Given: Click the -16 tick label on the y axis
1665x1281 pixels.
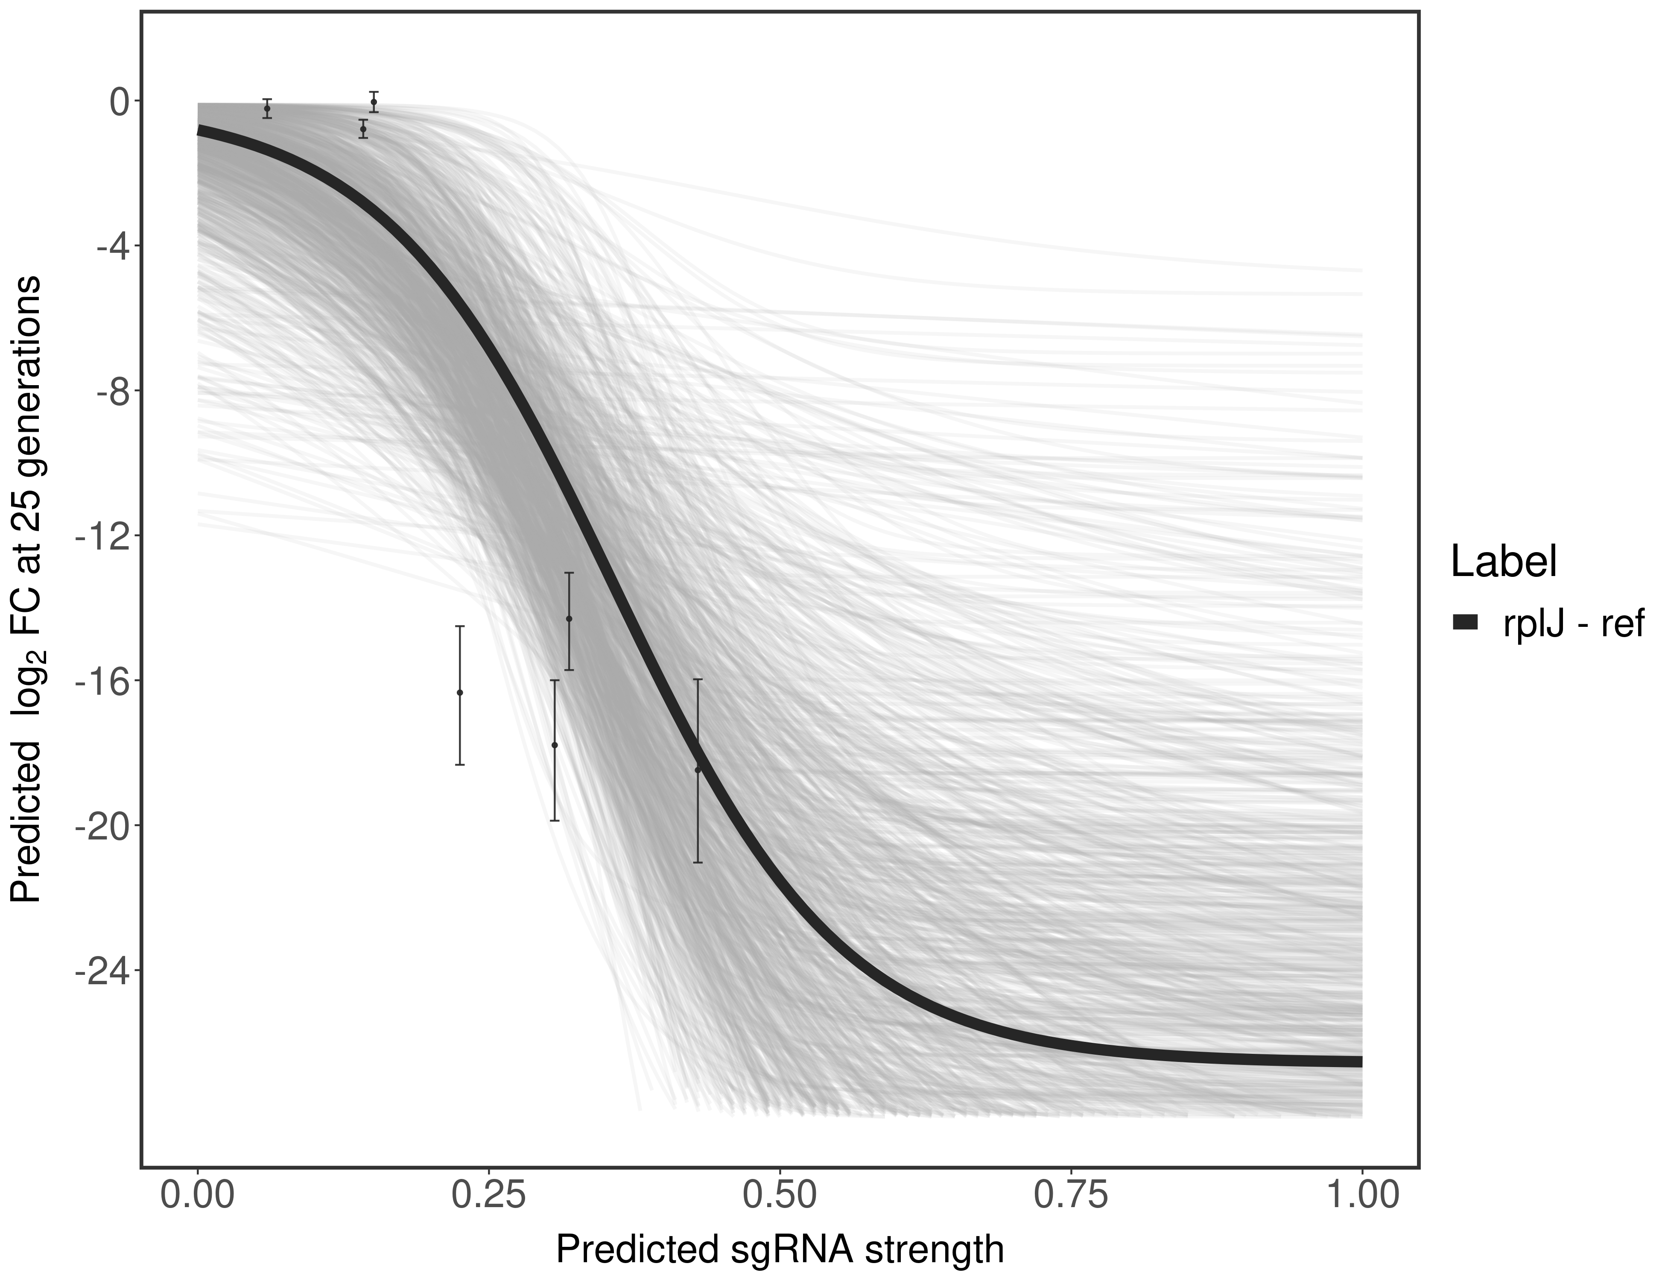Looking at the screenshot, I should (x=101, y=681).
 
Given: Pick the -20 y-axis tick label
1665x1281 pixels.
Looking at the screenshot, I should (x=101, y=826).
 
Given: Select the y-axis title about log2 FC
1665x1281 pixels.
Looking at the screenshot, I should (x=27, y=589).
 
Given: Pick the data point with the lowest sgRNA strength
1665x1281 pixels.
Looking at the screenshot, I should (x=267, y=109).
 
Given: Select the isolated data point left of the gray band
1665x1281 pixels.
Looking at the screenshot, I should (x=460, y=692).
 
